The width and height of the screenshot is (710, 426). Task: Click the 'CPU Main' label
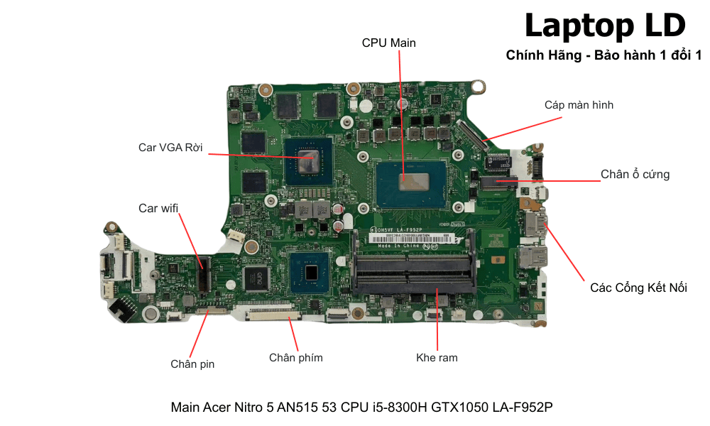click(x=388, y=43)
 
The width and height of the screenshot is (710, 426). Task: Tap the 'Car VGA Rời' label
click(x=170, y=148)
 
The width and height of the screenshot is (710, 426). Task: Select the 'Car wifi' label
click(x=158, y=208)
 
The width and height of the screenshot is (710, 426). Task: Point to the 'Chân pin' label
click(x=192, y=364)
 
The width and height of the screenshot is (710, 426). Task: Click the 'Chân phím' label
click(x=296, y=358)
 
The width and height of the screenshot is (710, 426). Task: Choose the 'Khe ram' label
click(x=437, y=358)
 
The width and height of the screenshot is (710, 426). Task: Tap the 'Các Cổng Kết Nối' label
click(x=638, y=288)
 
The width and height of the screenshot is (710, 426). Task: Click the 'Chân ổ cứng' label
click(x=635, y=175)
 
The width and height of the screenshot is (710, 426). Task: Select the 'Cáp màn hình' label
click(x=579, y=105)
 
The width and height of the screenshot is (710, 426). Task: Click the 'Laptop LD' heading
click(x=605, y=26)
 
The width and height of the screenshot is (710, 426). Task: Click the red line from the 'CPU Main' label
click(x=400, y=114)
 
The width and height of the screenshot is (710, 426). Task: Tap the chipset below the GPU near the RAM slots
click(x=310, y=271)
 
